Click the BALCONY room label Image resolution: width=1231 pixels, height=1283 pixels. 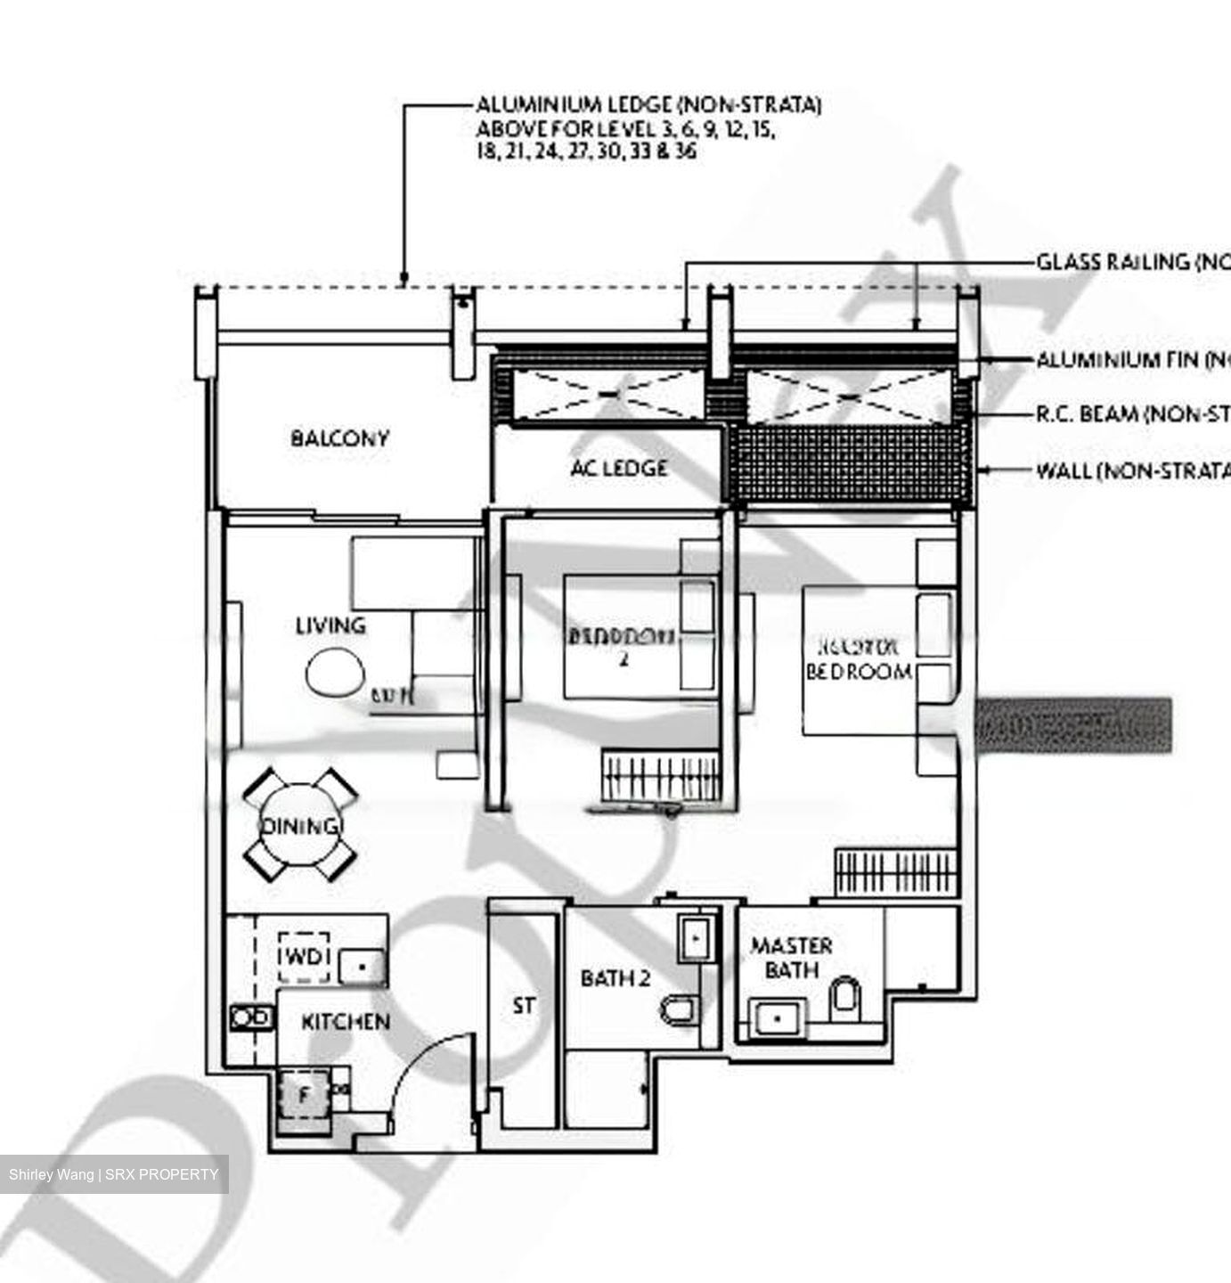(339, 438)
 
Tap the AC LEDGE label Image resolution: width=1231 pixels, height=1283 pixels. (619, 468)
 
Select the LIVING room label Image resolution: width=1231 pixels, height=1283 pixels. (330, 625)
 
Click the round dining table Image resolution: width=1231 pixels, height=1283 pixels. (300, 825)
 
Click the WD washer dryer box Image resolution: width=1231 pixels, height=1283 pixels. (304, 957)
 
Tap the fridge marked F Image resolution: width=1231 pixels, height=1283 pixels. (303, 1095)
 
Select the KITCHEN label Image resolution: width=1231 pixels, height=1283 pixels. (346, 1022)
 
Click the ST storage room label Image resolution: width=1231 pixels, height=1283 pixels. (525, 1006)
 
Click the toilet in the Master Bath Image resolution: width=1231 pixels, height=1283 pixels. (844, 997)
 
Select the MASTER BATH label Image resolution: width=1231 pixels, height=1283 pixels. (791, 957)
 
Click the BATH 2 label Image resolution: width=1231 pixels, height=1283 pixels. (615, 978)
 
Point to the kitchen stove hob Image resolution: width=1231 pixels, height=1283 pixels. (251, 1017)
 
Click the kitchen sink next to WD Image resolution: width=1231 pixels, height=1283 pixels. (363, 965)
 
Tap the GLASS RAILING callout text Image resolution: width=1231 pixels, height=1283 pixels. (1131, 262)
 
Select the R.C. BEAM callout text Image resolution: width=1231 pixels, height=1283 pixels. (1131, 414)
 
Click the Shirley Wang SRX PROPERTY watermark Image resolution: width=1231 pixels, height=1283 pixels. (113, 1174)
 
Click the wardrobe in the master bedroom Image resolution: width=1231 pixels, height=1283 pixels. (895, 872)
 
